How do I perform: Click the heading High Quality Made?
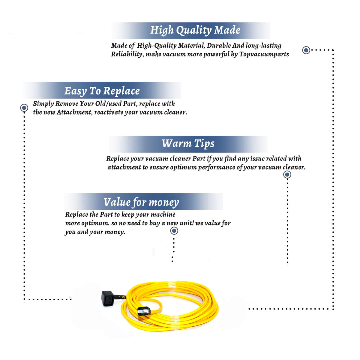coord(195,31)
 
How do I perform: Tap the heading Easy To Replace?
coord(102,91)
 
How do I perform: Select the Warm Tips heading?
coord(188,144)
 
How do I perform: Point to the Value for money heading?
coord(141,202)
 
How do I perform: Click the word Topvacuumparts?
coord(264,54)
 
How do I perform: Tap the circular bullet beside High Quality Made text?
coord(306,50)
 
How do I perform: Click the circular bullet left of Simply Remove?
coord(24,108)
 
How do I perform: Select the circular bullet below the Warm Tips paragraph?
coord(287,175)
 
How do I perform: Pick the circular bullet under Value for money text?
coord(174,231)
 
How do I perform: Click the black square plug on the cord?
coord(107,298)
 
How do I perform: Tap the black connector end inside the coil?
coord(144,311)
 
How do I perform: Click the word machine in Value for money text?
coord(163,214)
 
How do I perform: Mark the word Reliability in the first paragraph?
coord(127,54)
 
